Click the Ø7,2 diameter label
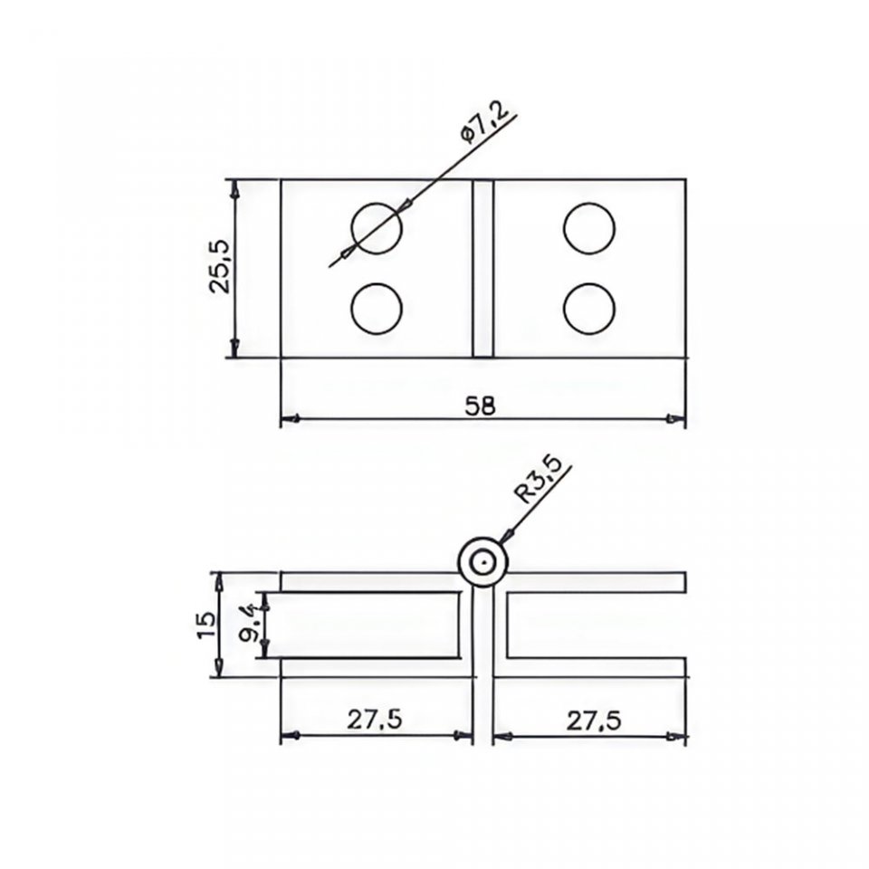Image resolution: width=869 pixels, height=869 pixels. point(483,124)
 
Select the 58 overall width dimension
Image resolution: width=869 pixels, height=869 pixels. point(481,406)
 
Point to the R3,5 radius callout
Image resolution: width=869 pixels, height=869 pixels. point(538,479)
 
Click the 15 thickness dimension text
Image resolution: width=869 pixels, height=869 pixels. point(207,625)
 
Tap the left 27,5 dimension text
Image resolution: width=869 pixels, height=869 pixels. point(374,720)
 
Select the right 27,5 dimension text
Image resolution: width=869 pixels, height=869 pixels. point(594,721)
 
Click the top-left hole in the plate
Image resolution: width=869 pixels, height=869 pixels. point(377,228)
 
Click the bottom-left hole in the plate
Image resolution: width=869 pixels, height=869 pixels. point(377,310)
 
